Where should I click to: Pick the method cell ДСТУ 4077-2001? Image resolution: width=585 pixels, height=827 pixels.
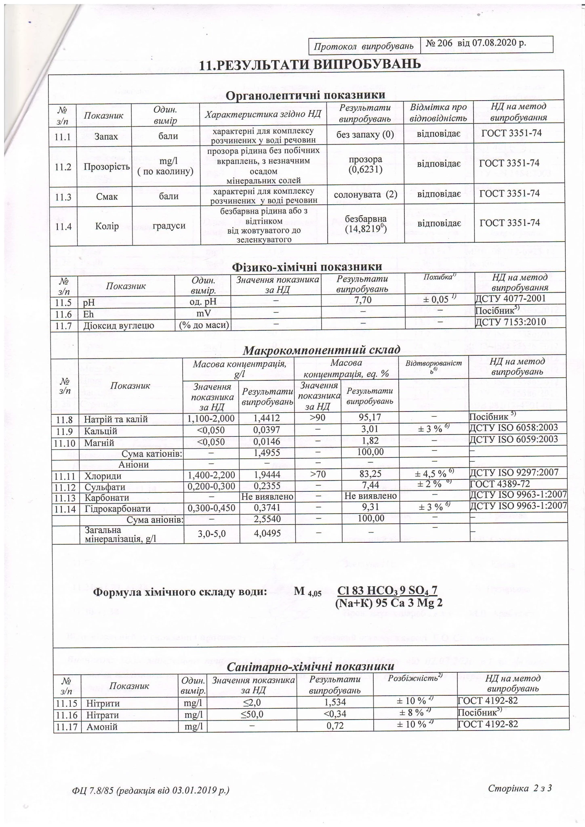(511, 299)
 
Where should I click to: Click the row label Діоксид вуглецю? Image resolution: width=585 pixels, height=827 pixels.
(119, 324)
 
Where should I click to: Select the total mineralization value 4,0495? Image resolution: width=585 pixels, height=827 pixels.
(266, 533)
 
